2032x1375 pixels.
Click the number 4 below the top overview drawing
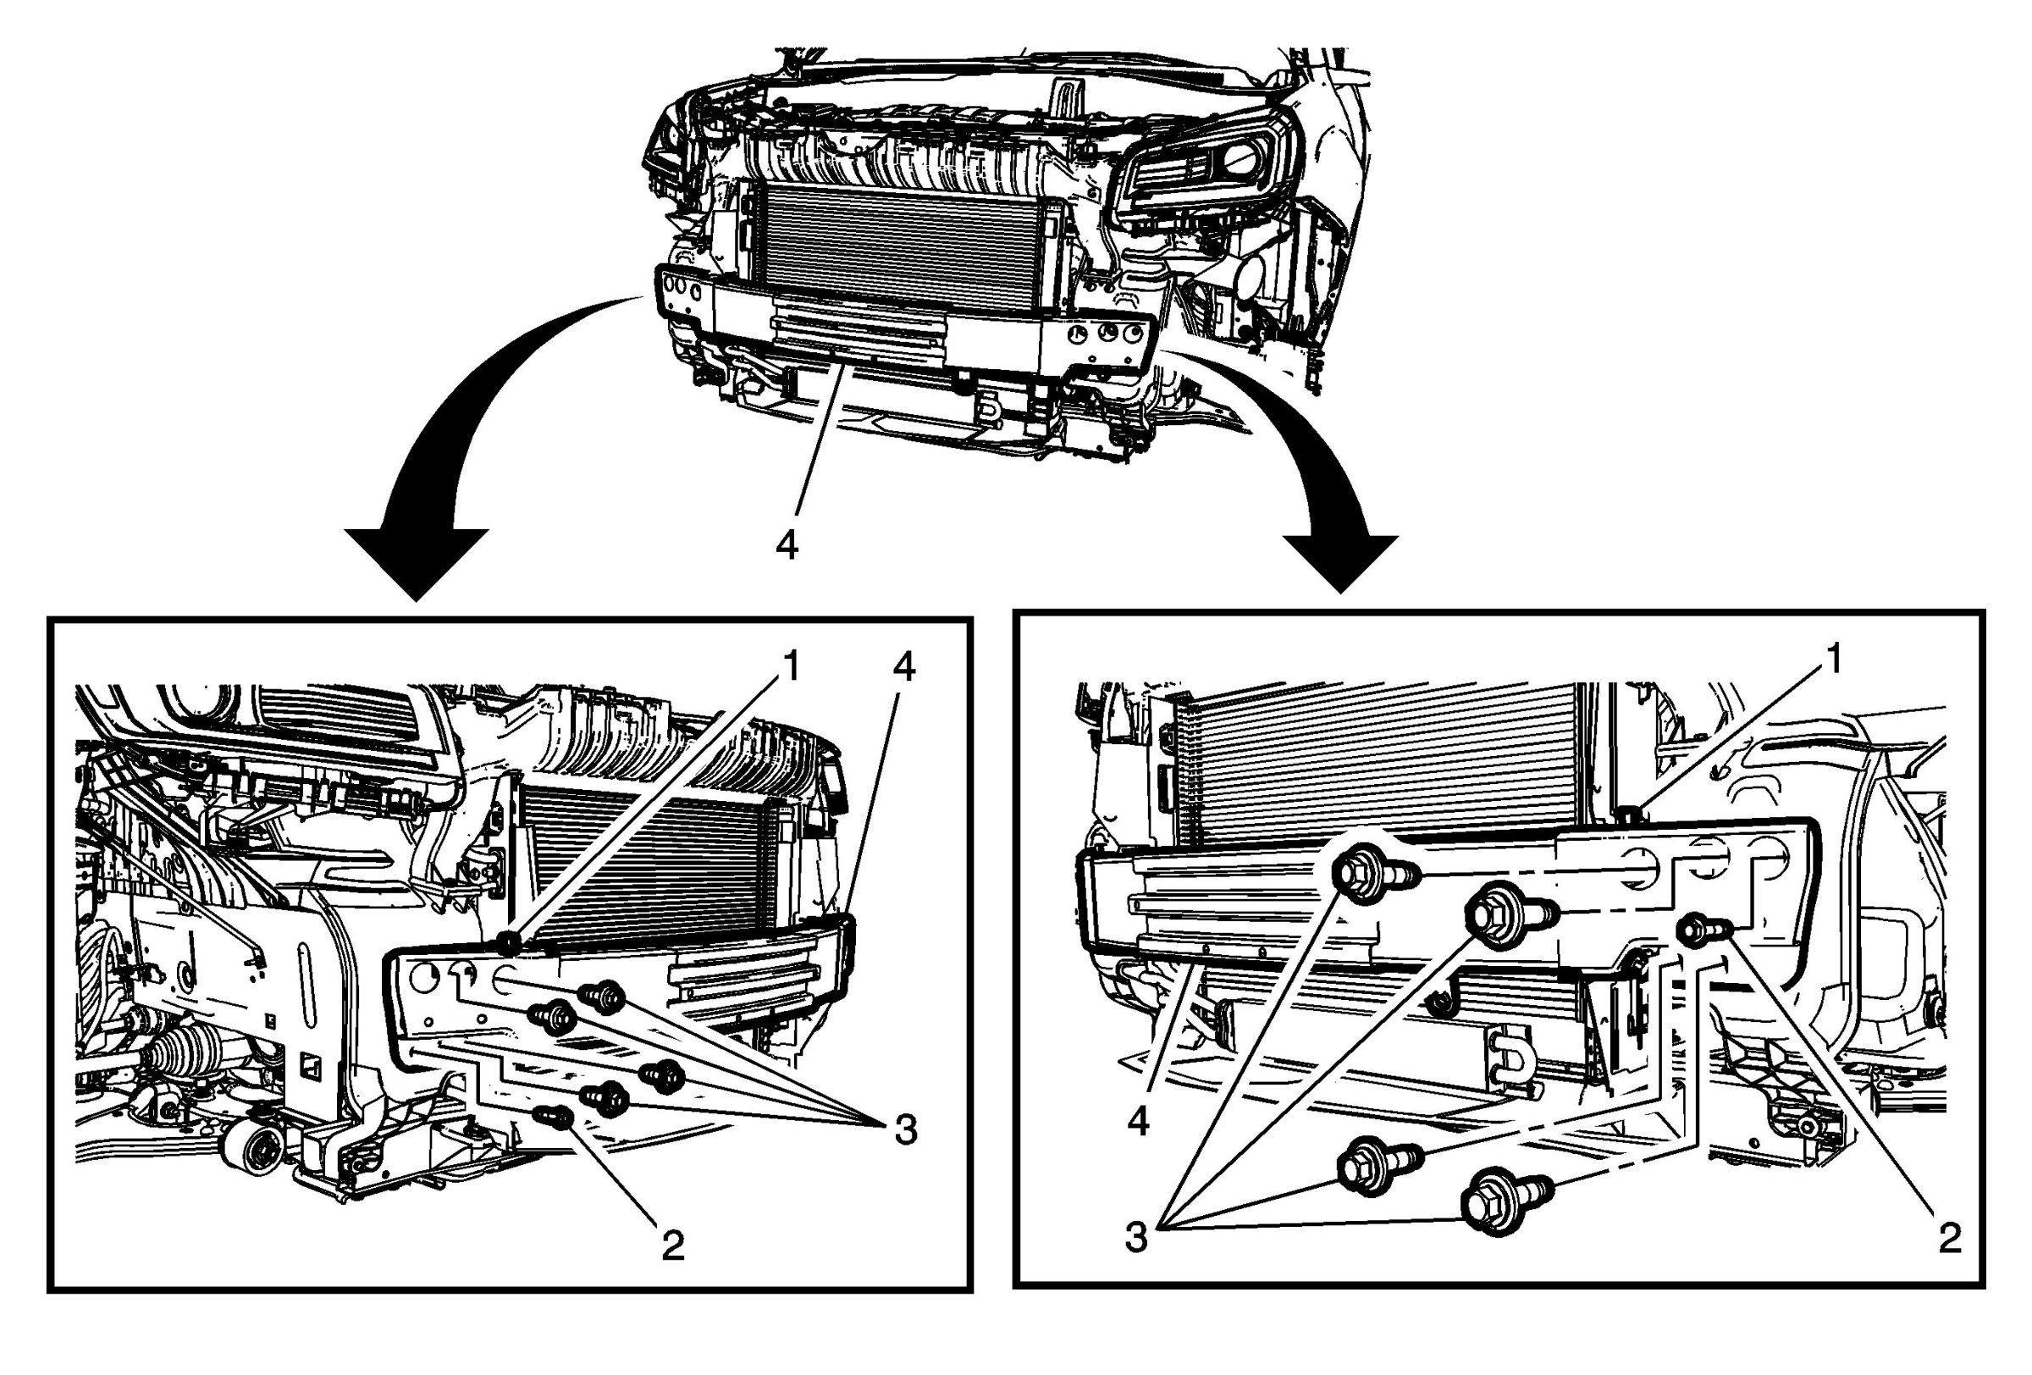pyautogui.click(x=787, y=546)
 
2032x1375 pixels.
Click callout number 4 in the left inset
pyautogui.click(x=904, y=667)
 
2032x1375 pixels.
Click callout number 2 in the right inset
pyautogui.click(x=1951, y=1238)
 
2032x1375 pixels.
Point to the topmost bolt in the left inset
pyautogui.click(x=604, y=996)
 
